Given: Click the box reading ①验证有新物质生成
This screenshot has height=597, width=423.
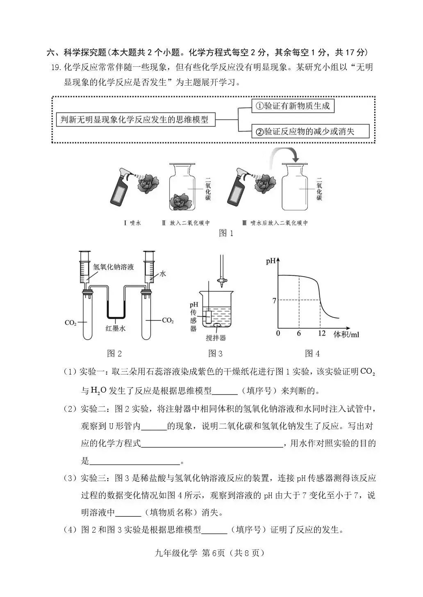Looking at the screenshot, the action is coord(293,106).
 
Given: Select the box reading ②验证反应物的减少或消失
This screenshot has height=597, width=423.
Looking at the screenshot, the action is coord(310,132).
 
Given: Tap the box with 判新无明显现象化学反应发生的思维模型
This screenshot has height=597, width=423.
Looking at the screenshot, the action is coord(135,119).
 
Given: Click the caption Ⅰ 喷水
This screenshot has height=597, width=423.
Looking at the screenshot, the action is coord(132,223).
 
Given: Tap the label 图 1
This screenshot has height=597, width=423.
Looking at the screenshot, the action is coord(226,233).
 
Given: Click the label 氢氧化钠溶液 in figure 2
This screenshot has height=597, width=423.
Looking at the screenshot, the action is coord(114,267).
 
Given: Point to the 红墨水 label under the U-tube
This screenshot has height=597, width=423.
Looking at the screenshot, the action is coord(116,328).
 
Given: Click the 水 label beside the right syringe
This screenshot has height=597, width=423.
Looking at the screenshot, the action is coord(163,273).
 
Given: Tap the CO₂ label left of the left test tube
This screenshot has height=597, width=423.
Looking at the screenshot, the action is coord(70,322).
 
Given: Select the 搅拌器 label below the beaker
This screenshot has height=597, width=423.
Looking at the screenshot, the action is coord(216,338).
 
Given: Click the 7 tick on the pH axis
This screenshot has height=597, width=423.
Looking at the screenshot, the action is coord(274,301).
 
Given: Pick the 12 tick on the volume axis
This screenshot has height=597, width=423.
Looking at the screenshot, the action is coord(322,334).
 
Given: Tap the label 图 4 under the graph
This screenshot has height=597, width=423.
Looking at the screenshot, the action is coord(312,353).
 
